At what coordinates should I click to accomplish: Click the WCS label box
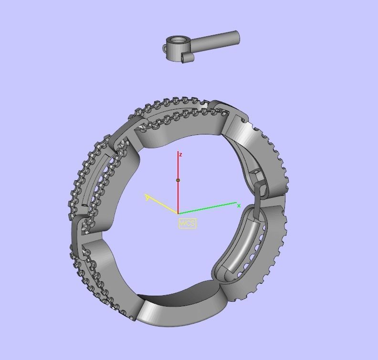tap(188, 223)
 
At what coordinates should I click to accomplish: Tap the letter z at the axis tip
tap(180, 154)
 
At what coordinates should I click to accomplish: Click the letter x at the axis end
tap(239, 206)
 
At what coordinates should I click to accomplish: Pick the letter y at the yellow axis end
tap(147, 197)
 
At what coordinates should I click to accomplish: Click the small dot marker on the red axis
tap(178, 180)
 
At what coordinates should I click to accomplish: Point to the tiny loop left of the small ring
tap(166, 49)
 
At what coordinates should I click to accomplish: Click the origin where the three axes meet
tap(178, 213)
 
